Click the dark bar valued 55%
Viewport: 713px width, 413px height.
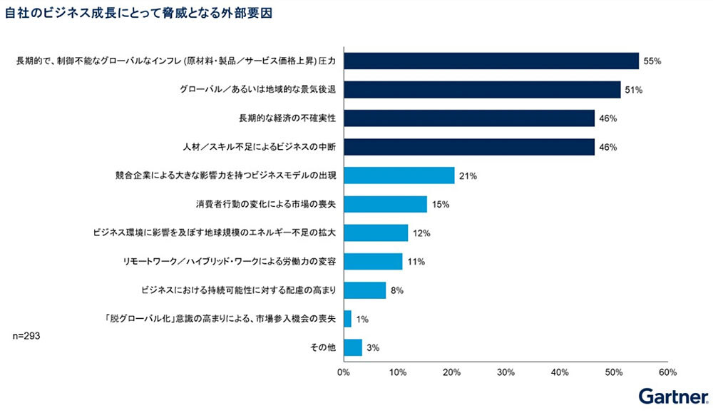tap(491, 61)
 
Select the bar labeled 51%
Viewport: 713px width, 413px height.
tap(482, 90)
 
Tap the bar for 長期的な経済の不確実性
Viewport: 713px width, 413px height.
tap(468, 118)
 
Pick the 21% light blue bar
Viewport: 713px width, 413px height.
tap(399, 175)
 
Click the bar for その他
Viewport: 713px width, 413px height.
tap(352, 347)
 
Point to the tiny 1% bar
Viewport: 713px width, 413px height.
tap(347, 319)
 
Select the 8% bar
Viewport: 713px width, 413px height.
tap(364, 290)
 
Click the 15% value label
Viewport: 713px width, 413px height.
tap(440, 205)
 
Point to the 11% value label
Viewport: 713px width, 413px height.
tap(416, 262)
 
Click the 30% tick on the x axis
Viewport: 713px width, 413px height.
tap(506, 372)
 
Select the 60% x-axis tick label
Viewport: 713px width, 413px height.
tap(667, 372)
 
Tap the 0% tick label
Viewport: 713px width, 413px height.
tap(344, 372)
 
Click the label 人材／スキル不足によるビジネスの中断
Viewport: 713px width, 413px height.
tap(258, 147)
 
